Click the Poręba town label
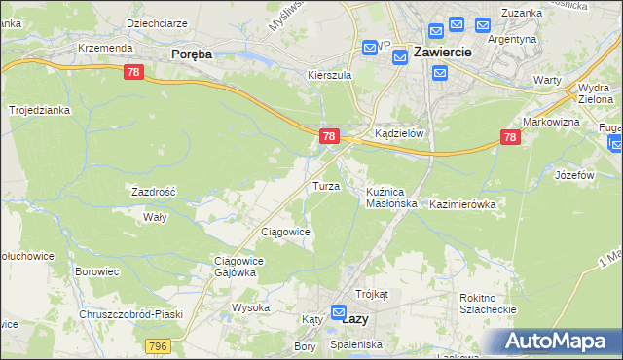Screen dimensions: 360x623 (191, 55)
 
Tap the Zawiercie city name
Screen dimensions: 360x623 (443, 52)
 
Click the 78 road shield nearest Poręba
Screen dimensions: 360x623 (134, 72)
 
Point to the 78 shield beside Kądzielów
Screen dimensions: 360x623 (330, 136)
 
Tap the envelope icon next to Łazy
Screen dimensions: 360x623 (339, 313)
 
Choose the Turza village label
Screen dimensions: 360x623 (325, 185)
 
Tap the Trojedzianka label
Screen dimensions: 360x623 (40, 111)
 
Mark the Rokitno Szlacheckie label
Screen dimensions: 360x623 (486, 305)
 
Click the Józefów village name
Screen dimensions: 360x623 (574, 176)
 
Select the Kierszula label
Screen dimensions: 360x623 (328, 74)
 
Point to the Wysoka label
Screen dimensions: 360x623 (250, 307)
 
